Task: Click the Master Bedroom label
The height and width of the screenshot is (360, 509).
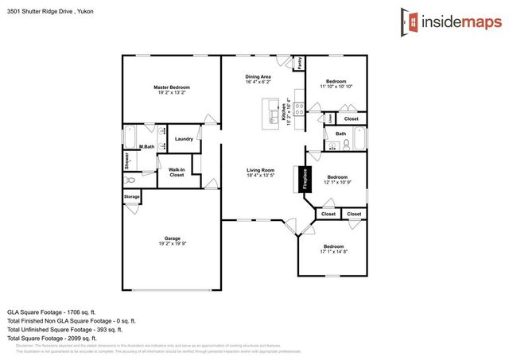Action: [172, 87]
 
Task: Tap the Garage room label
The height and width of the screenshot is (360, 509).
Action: [172, 238]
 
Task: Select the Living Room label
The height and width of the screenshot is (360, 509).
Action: [260, 170]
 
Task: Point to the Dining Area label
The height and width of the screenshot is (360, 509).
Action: [258, 76]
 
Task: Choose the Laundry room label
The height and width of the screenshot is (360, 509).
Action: [184, 138]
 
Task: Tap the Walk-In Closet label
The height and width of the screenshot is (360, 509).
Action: [177, 172]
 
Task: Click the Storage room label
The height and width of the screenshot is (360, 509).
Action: [131, 195]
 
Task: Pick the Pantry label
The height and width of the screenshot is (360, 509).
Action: [299, 64]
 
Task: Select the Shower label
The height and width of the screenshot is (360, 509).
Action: [127, 160]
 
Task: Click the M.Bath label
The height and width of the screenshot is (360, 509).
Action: [146, 146]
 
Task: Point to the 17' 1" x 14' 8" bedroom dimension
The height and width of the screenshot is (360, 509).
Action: [333, 252]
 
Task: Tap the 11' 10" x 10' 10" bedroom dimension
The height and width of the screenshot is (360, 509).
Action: [336, 87]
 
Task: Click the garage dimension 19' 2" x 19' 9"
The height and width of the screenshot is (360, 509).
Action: [172, 244]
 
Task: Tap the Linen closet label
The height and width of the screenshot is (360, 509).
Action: [329, 118]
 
